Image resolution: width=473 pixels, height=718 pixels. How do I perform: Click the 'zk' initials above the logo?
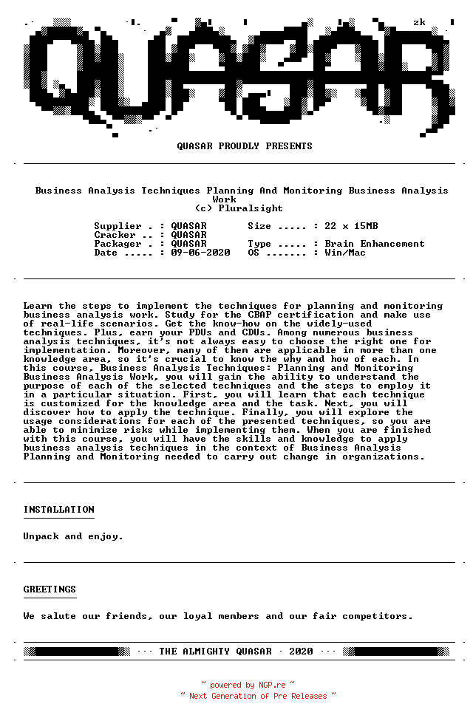click(419, 22)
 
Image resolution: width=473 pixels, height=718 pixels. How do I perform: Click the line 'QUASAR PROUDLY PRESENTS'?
click(245, 146)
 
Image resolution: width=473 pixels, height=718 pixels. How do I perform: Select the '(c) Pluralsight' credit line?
click(239, 208)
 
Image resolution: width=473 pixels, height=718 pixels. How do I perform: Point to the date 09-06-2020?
click(200, 253)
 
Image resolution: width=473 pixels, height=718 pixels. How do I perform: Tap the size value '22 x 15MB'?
click(351, 226)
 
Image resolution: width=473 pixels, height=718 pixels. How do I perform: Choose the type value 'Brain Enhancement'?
click(375, 244)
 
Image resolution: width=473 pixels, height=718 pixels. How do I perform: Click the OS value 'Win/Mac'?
click(345, 253)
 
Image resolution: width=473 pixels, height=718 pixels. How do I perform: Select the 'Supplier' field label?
click(118, 226)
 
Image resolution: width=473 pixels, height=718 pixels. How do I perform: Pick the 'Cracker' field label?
click(115, 235)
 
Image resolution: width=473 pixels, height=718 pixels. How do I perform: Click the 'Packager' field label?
click(118, 244)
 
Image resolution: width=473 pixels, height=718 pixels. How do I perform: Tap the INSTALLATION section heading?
click(58, 510)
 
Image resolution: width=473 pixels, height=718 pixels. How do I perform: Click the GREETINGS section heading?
click(50, 589)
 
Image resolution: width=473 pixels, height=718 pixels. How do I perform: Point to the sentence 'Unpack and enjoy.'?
click(73, 536)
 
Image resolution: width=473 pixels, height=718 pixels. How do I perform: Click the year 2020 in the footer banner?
click(301, 652)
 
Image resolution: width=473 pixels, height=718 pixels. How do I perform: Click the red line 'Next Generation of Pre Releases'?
click(258, 696)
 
